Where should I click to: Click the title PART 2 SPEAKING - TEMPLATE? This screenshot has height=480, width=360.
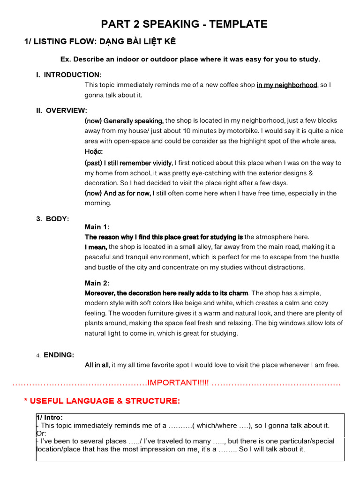click(185, 24)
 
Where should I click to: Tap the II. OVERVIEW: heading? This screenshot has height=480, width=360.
click(61, 111)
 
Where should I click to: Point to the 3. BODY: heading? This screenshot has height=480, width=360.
click(52, 219)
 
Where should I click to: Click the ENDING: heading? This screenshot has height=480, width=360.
click(59, 355)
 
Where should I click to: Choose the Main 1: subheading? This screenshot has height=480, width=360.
click(97, 227)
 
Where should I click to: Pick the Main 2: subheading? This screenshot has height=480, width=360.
click(97, 283)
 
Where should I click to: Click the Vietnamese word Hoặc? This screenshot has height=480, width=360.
click(93, 151)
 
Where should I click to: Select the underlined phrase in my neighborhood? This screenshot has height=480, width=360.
click(287, 85)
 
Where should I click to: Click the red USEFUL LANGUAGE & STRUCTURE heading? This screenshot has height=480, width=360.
click(102, 401)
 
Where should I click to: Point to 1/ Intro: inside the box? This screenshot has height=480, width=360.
click(49, 418)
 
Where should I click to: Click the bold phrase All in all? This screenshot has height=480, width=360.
click(97, 365)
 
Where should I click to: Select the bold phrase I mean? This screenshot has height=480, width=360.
click(96, 247)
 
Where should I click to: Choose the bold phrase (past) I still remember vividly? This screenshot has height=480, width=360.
click(128, 163)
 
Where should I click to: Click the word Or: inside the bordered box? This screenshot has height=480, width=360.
click(41, 434)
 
